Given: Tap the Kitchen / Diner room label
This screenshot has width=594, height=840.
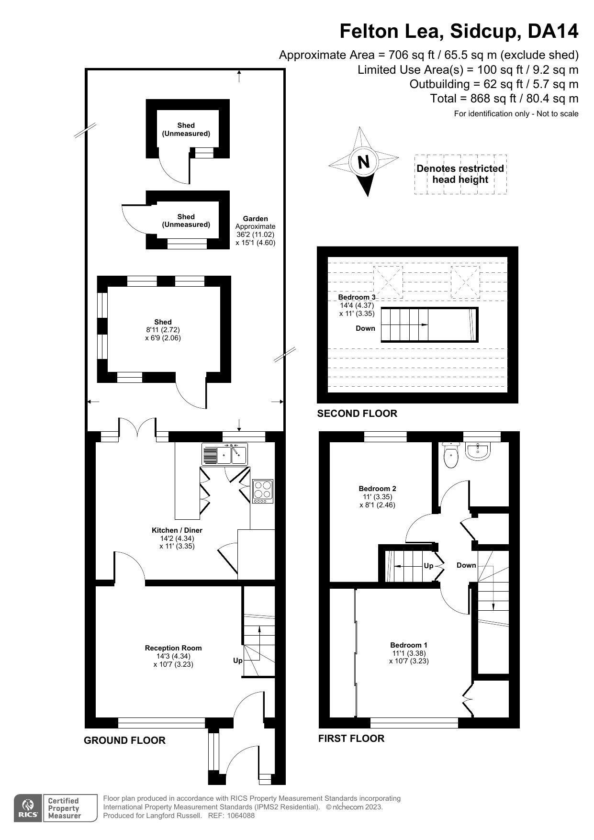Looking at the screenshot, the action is click(177, 530).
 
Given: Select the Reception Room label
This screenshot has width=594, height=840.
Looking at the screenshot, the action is click(173, 648).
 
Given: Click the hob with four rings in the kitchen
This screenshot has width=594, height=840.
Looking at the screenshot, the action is click(262, 491).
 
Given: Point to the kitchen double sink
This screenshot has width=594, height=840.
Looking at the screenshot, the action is click(224, 454).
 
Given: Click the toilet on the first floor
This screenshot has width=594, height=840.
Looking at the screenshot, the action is click(451, 455).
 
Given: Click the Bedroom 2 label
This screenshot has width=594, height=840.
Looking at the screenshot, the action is click(377, 489).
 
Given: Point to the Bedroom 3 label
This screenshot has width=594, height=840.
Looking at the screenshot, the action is click(357, 297).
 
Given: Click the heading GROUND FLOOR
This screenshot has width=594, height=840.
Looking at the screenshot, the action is click(124, 740).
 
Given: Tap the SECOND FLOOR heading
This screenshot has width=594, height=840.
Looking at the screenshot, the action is click(357, 414).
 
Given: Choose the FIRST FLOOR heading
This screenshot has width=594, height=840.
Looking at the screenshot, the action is click(351, 739).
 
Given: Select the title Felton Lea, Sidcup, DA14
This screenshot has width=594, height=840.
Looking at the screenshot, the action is click(459, 32).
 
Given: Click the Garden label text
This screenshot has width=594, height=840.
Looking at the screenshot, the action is click(256, 219).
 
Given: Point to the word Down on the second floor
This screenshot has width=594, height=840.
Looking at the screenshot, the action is click(365, 328).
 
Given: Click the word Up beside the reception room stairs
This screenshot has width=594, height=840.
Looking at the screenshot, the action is click(238, 661).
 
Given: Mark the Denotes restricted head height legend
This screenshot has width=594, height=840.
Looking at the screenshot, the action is click(460, 174).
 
